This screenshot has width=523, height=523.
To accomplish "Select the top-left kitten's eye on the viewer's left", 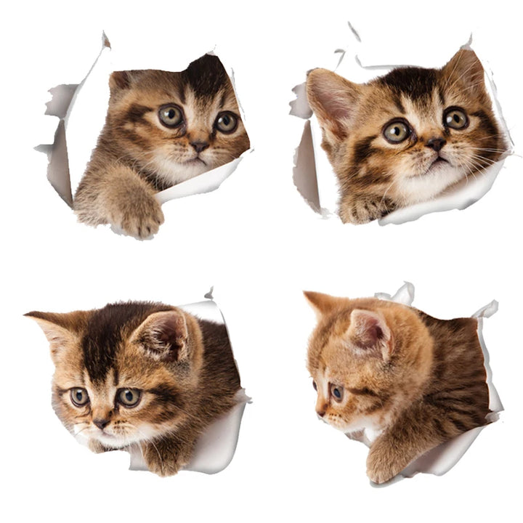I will (x=171, y=115).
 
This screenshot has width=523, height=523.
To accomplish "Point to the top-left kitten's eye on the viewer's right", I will (x=227, y=121).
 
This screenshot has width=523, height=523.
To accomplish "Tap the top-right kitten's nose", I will (x=436, y=144).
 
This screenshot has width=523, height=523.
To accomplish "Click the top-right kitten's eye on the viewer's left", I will (x=397, y=131).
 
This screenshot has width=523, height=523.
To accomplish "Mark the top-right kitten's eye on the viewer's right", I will (x=456, y=118).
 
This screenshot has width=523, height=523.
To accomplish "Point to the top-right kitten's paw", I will (x=363, y=209).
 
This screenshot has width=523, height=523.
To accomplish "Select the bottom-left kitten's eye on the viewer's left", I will (x=79, y=397).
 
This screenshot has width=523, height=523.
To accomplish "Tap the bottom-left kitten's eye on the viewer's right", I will (x=129, y=397).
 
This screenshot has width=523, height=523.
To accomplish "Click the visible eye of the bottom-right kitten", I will (x=336, y=392).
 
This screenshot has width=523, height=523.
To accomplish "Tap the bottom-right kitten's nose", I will (x=320, y=412).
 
